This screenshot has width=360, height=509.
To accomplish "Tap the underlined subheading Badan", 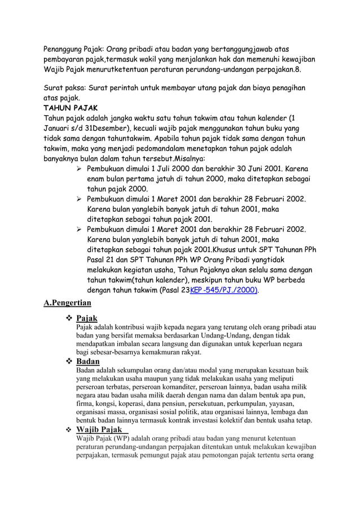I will point(87,361).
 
